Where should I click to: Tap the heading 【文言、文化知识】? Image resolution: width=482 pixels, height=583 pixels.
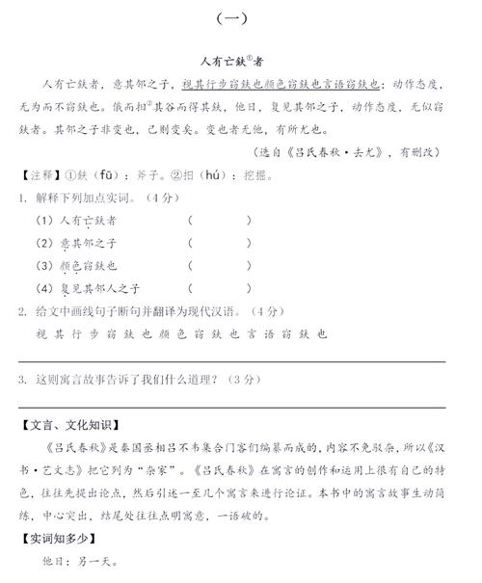(78, 424)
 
